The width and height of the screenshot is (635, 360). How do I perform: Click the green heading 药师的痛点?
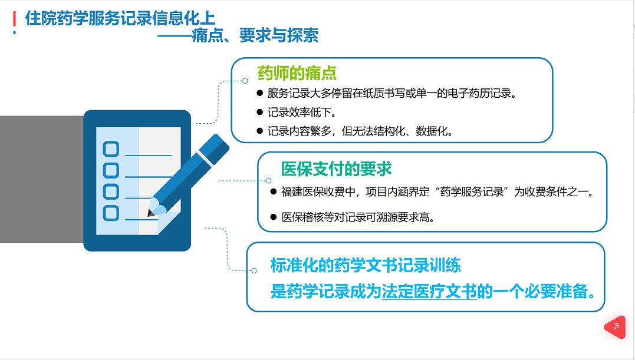(297, 73)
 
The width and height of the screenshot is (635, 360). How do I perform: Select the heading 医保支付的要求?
(336, 169)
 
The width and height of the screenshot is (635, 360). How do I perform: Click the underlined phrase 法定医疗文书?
(429, 291)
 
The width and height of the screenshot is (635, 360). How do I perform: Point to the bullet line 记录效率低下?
(301, 112)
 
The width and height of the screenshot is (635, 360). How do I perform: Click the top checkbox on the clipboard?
(111, 149)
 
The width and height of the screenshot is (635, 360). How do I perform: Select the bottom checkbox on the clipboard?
(111, 213)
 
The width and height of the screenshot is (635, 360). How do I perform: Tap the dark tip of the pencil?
(151, 213)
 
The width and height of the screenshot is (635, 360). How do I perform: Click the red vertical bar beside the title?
(15, 19)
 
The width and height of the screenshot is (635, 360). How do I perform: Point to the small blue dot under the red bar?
(15, 32)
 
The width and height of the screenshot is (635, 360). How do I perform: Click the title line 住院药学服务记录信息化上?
(120, 18)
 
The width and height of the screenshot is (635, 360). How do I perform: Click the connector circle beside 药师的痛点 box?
(245, 81)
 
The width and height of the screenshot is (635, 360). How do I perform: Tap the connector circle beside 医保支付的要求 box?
(268, 181)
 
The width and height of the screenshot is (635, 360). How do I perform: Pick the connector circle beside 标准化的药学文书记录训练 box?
(254, 270)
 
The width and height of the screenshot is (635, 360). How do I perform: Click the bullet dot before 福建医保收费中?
(274, 191)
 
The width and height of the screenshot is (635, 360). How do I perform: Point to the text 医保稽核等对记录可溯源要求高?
(358, 217)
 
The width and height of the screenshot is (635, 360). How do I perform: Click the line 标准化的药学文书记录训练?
(366, 265)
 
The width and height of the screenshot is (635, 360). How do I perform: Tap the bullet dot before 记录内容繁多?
(260, 131)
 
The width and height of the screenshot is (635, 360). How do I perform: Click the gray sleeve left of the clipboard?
(42, 179)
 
